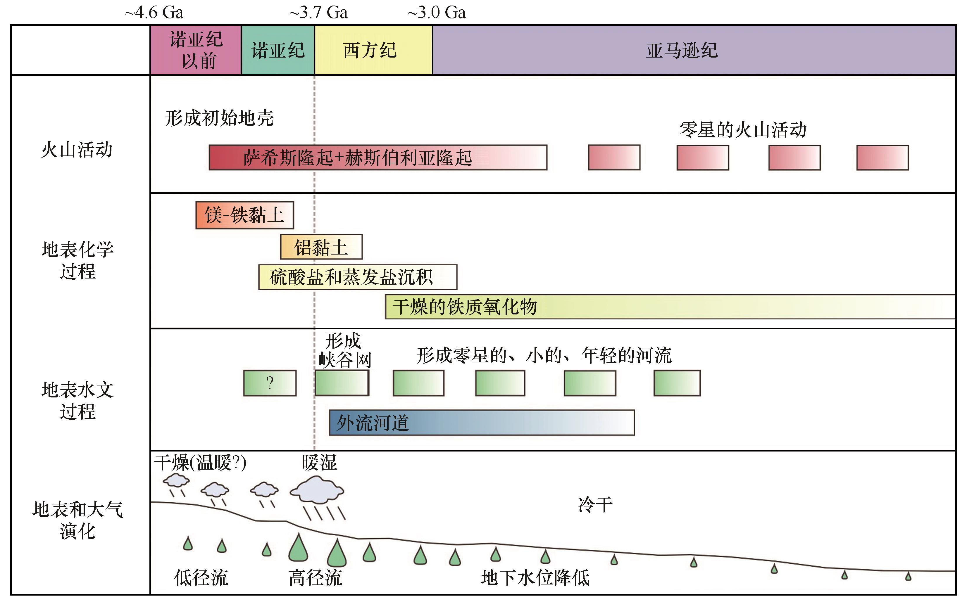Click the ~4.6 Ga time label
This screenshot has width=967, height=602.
coord(154,13)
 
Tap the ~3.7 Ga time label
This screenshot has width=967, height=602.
coord(319,13)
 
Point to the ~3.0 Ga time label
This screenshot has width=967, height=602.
coord(437,13)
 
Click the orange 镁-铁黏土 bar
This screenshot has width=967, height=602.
coord(244,215)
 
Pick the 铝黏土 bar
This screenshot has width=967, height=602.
coord(321,247)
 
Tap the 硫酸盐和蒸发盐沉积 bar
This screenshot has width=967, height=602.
coord(357,277)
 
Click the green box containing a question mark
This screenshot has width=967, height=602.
coord(270,383)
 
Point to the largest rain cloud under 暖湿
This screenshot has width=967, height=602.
coord(317,491)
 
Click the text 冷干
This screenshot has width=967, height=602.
coord(595,505)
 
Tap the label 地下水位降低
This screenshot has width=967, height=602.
coord(535,578)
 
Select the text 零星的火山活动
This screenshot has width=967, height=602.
coord(743,130)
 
